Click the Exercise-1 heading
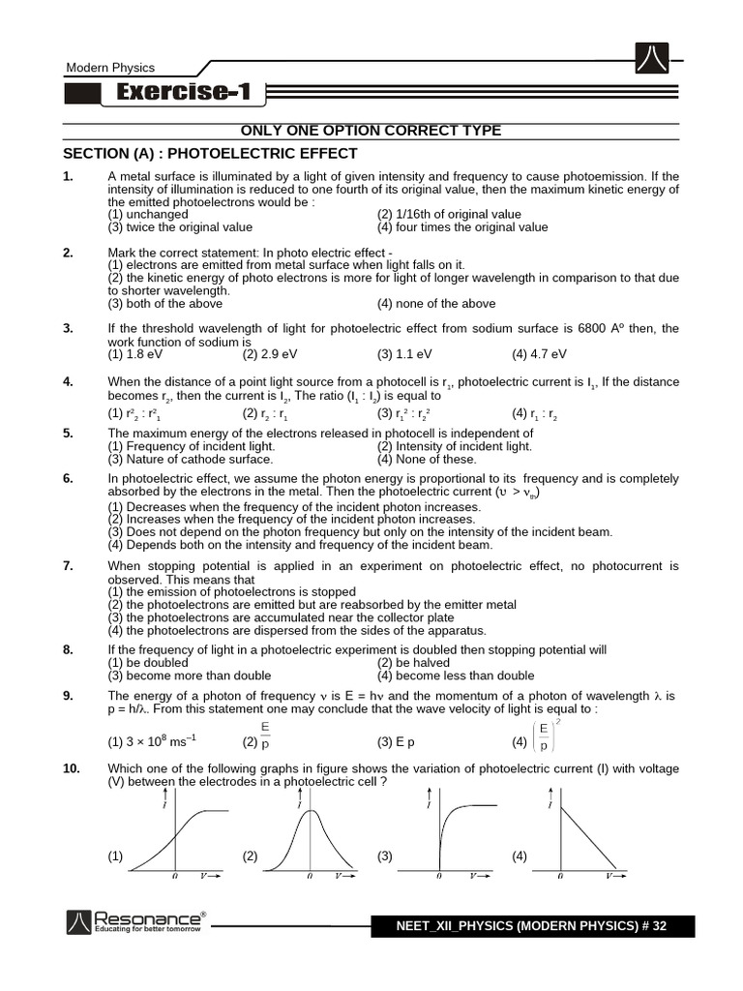pos(183,93)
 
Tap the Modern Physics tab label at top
pos(109,68)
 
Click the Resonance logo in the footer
pos(135,922)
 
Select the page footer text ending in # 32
pos(531,926)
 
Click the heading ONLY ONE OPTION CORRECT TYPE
pos(371,131)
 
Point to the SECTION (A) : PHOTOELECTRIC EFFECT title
pos(210,153)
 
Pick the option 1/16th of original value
pos(449,215)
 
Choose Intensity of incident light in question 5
pos(454,446)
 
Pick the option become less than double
pos(455,676)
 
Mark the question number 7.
pos(69,565)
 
